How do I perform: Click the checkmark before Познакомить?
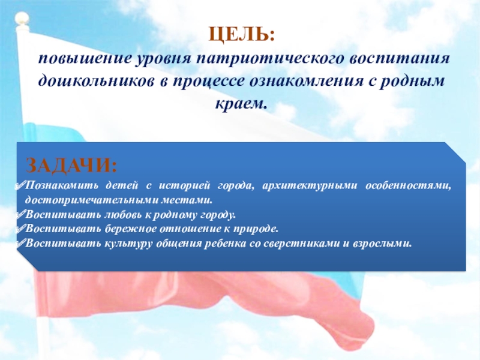pos(20,185)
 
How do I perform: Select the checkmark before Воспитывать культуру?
pos(20,243)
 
